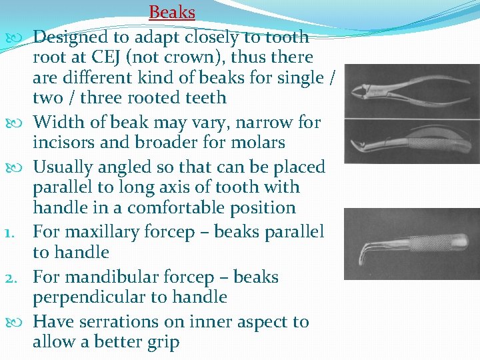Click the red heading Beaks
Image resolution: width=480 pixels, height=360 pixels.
click(172, 12)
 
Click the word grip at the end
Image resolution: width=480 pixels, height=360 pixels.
click(165, 343)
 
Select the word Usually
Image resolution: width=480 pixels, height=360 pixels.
click(63, 167)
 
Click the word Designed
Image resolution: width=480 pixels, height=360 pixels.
click(70, 37)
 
